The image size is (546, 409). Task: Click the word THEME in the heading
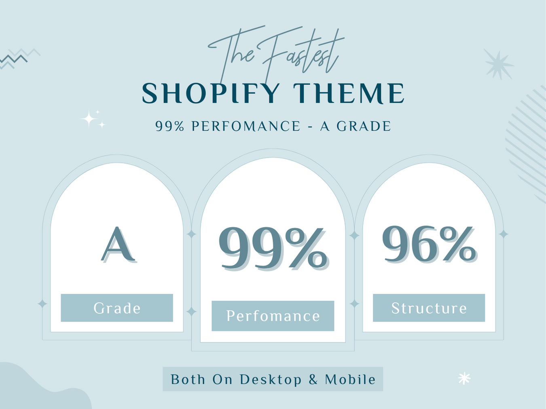[x=349, y=94]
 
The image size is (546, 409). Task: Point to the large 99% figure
[x=273, y=248]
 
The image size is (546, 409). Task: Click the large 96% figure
[x=429, y=244]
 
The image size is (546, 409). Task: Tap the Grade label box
[x=117, y=308]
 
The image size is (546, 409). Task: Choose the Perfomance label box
[x=273, y=316]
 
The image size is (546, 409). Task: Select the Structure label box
[x=429, y=308]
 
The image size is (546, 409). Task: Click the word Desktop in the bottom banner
[x=271, y=379]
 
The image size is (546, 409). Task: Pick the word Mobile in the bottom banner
[x=350, y=379]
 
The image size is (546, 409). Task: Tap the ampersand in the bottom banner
[x=313, y=379]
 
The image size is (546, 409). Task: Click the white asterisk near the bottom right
[x=464, y=378]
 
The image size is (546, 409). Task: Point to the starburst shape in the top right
[x=499, y=65]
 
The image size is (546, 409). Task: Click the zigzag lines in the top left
[x=18, y=59]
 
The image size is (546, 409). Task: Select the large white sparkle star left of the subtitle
[x=89, y=119]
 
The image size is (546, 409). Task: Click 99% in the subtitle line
[x=170, y=126]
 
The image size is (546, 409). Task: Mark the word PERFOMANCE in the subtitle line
[x=246, y=126]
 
